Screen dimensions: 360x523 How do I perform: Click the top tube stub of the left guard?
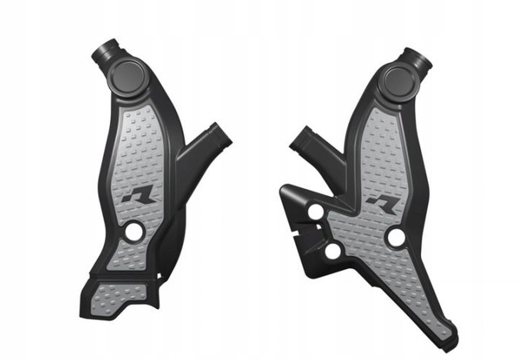point(105,50)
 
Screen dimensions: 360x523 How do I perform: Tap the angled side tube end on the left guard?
point(220,134)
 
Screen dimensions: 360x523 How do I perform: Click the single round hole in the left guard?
point(134,232)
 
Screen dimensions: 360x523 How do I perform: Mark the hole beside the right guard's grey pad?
point(396,237)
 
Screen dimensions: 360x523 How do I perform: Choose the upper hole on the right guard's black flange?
point(316,212)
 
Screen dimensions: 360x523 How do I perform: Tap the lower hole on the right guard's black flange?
point(333,251)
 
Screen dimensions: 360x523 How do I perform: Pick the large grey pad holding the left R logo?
point(140,162)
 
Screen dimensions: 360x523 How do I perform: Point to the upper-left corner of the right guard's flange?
point(284,188)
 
